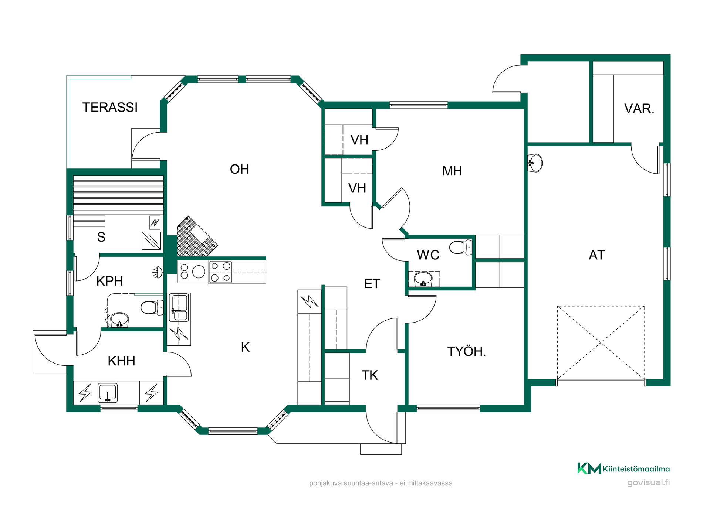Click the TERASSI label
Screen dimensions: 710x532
(x=110, y=108)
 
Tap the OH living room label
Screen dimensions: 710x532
(x=240, y=169)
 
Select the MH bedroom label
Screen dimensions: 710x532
(x=452, y=171)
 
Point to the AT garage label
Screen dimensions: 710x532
(x=596, y=255)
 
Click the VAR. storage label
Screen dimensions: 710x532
(x=639, y=109)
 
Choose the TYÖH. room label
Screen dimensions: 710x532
(x=467, y=351)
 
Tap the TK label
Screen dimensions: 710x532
(x=370, y=375)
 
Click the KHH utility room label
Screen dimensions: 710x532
(x=121, y=361)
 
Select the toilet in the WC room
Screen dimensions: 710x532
(x=461, y=247)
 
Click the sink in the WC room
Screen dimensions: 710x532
(x=423, y=279)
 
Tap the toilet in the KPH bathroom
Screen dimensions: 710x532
(x=152, y=307)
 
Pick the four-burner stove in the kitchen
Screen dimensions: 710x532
(x=220, y=272)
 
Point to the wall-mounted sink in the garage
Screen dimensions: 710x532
(x=535, y=163)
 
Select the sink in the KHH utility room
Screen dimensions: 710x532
(x=108, y=393)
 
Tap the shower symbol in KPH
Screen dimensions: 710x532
(x=158, y=272)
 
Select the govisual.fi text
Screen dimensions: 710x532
(x=649, y=482)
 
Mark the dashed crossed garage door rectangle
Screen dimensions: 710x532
(x=601, y=342)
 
